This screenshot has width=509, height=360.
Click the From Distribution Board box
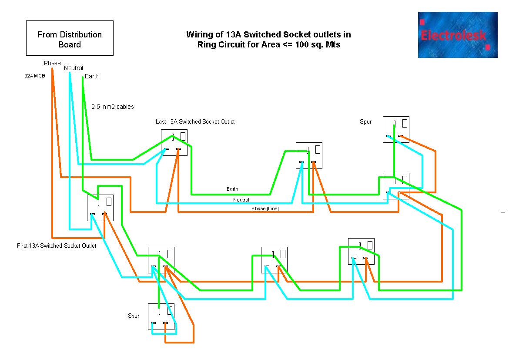point(70,38)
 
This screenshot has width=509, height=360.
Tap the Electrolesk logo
point(458,35)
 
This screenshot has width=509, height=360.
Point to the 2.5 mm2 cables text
point(113,107)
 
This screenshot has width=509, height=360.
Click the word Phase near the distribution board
point(52,63)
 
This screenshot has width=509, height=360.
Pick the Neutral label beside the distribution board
point(73,68)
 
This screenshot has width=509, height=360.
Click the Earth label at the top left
point(92,76)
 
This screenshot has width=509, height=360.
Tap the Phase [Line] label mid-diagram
point(265,209)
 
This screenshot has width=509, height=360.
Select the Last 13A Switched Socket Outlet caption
point(195,121)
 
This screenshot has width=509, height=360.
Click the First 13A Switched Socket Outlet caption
point(57,246)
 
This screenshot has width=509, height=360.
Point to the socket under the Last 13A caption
point(174,142)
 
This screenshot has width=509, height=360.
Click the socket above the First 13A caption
point(100,208)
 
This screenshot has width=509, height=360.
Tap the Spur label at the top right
point(365,121)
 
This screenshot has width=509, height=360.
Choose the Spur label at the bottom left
point(134,316)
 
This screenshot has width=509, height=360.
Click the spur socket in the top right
point(396,129)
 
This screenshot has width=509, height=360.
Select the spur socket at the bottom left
point(161,316)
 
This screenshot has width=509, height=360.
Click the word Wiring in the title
point(198,34)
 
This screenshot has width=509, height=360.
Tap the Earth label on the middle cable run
point(232,189)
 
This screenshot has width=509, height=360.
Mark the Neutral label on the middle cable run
point(241,200)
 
